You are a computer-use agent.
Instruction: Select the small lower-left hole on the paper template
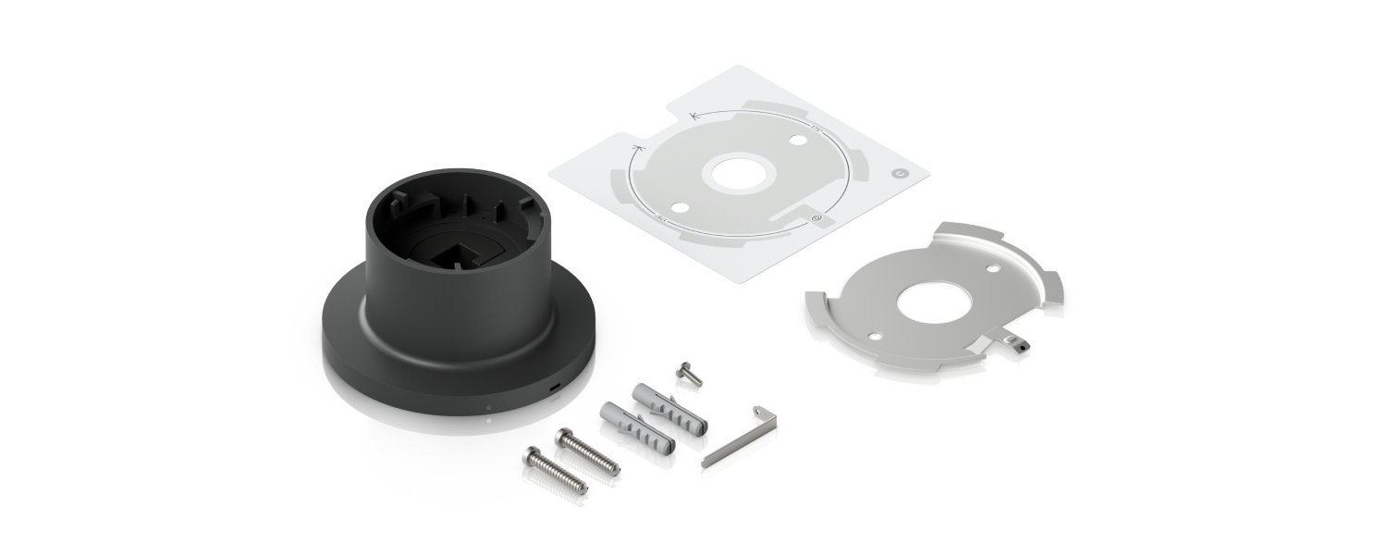click(681, 205)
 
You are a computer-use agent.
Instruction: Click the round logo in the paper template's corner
click(898, 172)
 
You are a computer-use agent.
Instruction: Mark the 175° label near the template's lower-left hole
click(662, 217)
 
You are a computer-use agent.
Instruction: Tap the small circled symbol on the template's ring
click(816, 218)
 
